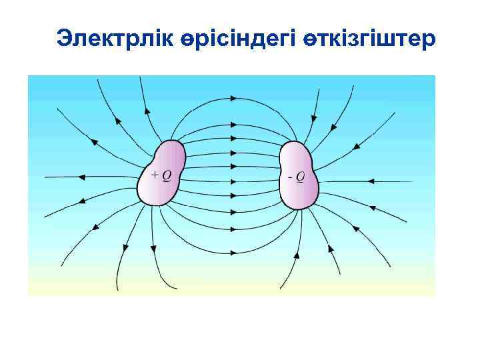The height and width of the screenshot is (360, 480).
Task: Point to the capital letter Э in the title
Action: tap(64, 38)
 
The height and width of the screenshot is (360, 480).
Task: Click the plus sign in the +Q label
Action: tap(155, 176)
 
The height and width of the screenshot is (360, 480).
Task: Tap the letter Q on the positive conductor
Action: tap(166, 176)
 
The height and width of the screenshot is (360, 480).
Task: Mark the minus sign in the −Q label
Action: tap(290, 177)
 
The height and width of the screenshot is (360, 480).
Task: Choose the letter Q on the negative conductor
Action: tap(300, 177)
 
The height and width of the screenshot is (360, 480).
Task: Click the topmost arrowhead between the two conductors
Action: tap(233, 98)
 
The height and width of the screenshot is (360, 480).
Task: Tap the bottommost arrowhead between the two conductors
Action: tap(233, 253)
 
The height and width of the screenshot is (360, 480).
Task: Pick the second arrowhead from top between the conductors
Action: tap(233, 124)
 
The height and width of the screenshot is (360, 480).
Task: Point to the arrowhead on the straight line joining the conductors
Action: tap(233, 181)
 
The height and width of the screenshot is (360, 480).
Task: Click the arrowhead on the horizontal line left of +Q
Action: tap(83, 177)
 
